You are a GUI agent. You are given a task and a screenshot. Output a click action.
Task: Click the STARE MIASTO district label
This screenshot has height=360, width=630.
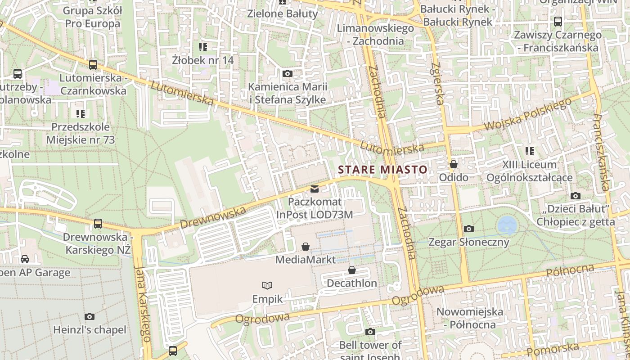(x=382, y=170)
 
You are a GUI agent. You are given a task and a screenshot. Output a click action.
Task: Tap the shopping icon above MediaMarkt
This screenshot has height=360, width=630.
(x=306, y=247)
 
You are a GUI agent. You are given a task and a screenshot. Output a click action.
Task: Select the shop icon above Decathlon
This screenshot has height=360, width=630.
(x=352, y=270)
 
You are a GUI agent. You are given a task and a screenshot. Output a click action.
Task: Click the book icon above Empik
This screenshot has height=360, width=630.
(x=267, y=285)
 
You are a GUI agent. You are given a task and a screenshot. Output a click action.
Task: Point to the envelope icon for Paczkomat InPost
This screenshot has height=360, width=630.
(x=315, y=189)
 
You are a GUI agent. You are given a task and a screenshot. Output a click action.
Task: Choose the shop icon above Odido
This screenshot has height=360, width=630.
(x=454, y=164)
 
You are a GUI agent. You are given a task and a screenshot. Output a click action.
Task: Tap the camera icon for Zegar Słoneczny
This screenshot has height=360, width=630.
(x=468, y=229)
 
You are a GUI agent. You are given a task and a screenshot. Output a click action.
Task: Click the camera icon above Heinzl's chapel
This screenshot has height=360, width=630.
(x=90, y=317)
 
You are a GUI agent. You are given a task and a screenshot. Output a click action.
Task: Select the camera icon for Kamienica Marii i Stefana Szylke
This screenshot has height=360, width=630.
(x=287, y=74)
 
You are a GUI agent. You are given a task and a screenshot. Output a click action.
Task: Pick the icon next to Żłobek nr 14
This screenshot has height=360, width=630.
(x=202, y=47)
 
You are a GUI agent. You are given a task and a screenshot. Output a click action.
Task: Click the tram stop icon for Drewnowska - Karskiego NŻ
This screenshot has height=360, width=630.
(x=98, y=223)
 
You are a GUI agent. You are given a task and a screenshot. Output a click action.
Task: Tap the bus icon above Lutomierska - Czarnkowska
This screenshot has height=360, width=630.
(x=93, y=65)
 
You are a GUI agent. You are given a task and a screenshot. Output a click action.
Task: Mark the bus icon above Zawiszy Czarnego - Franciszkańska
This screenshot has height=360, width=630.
(x=558, y=22)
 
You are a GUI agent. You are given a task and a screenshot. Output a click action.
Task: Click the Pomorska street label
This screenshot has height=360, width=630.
(x=553, y=349)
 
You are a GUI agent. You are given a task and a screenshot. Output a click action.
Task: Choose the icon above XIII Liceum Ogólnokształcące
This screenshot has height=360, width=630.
(x=529, y=151)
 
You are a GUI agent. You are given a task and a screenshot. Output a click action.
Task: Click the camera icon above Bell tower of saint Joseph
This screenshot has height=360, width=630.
(x=370, y=332)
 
